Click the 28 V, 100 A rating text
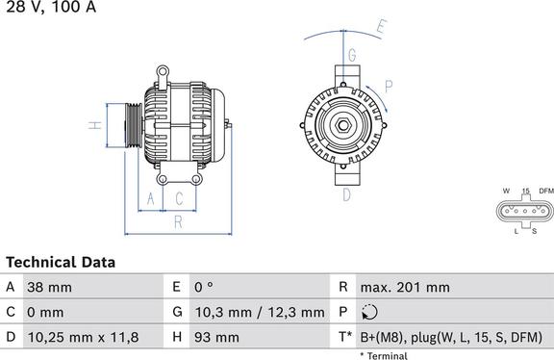51,6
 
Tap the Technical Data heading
61,263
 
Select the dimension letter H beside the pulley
95,125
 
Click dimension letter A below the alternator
150,198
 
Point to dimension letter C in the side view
179,198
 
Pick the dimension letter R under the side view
179,222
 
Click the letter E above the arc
381,27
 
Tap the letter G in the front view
352,55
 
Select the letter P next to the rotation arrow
389,87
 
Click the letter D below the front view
346,194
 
